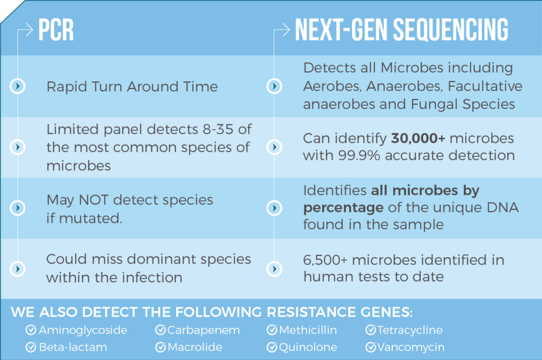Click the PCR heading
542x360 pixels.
[56, 30]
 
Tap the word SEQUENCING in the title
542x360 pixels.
[451, 30]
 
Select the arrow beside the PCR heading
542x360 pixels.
[25, 30]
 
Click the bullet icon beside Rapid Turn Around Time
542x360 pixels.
[17, 86]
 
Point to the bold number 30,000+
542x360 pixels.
[418, 138]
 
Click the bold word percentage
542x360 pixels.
[343, 208]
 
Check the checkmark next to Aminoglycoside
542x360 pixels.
[31, 330]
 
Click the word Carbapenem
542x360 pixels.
[204, 330]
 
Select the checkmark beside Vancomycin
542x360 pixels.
[371, 347]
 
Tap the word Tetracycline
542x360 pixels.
[410, 330]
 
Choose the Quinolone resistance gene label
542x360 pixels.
[308, 347]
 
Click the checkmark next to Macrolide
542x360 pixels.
[160, 347]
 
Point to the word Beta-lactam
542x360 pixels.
[73, 347]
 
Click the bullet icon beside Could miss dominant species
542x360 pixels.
[17, 269]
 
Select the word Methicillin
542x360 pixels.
[308, 330]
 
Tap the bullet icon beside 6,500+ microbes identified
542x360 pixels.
[274, 269]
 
